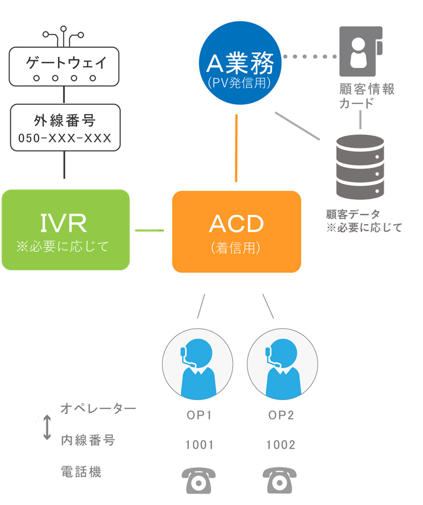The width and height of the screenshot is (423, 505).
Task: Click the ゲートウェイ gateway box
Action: (x=64, y=65)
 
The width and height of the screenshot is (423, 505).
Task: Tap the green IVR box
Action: (x=65, y=230)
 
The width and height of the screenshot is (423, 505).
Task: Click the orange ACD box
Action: (x=236, y=232)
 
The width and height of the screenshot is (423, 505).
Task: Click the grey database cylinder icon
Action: (x=360, y=166)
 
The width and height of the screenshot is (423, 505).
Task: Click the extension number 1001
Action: (x=199, y=445)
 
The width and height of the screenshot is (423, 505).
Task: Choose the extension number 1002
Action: (x=281, y=445)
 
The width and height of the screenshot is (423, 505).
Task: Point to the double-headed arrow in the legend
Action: (x=47, y=428)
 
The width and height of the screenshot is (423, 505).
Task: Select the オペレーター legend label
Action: (x=98, y=409)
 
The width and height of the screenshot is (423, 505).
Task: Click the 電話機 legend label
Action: (x=81, y=471)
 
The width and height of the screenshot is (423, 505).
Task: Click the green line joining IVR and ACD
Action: (x=149, y=230)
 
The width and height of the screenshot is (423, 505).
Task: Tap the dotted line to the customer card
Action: (x=310, y=57)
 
